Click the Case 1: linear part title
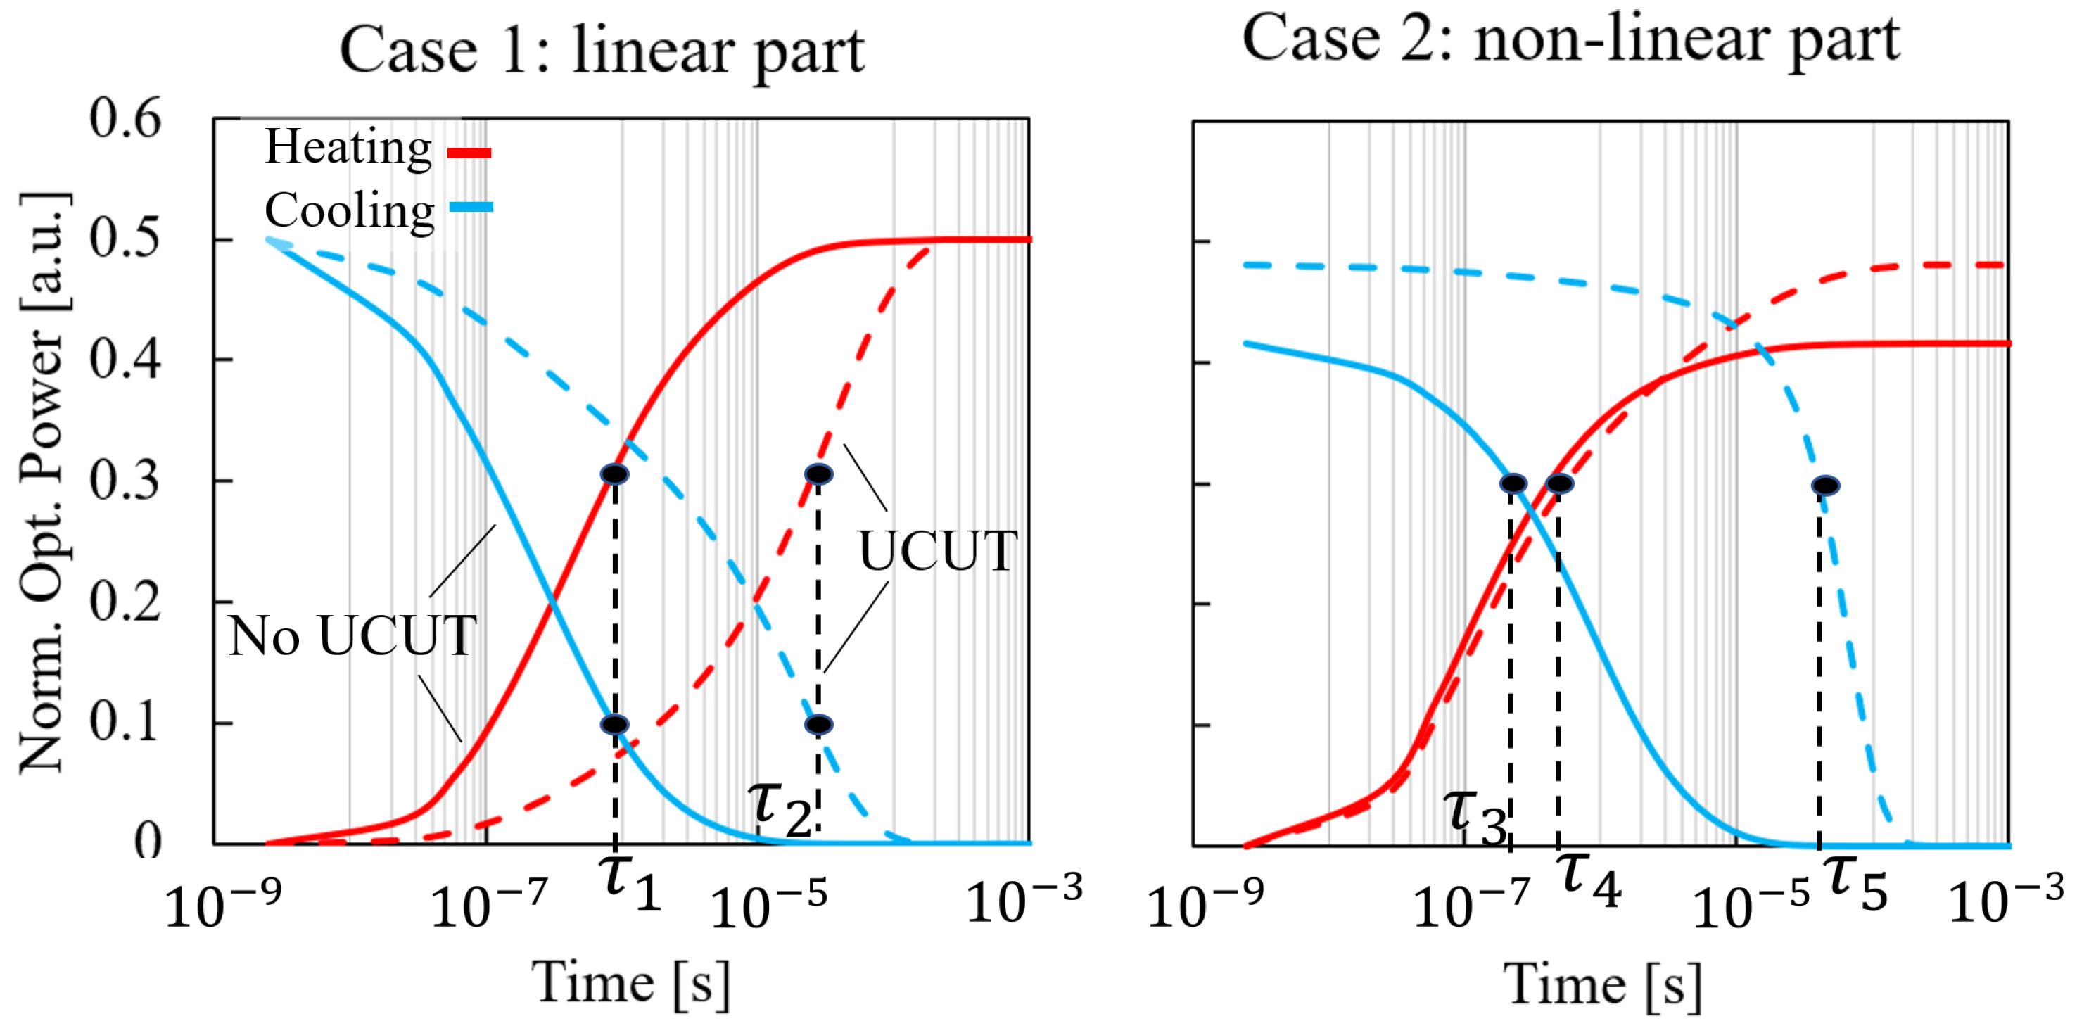tap(602, 50)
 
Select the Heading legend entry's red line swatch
tap(469, 153)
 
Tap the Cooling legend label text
tap(349, 211)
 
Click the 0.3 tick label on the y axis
tap(125, 481)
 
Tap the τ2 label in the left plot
tap(779, 808)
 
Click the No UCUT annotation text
tap(352, 636)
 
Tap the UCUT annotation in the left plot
tap(937, 551)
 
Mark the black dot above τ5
tap(1825, 486)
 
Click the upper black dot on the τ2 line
tap(818, 474)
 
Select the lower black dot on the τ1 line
tap(614, 724)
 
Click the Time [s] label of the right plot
tap(1603, 985)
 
